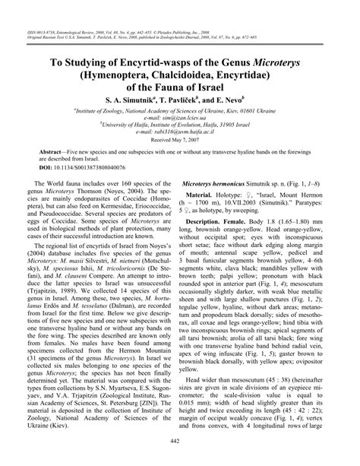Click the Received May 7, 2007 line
(180, 139)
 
